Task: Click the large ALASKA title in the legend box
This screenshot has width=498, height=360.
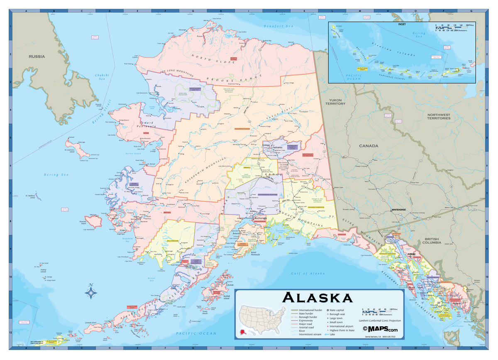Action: point(317,298)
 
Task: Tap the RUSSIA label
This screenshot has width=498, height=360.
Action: point(37,56)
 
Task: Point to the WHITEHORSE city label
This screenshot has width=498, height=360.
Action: point(400,210)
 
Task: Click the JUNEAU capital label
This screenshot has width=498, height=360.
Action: point(411,253)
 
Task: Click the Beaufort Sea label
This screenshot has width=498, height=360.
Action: point(278,26)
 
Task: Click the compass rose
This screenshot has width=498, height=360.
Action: point(91,292)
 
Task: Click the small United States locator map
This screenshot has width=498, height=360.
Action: point(263,318)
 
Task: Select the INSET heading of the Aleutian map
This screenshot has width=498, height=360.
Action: point(403,24)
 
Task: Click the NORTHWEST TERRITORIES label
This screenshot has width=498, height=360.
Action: point(439,116)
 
